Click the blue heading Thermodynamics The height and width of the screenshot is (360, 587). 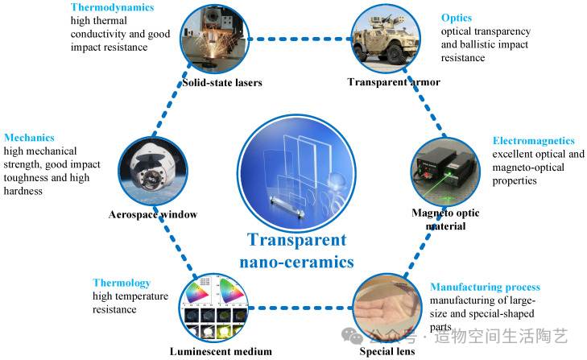(112, 7)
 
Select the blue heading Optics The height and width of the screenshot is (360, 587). (457, 18)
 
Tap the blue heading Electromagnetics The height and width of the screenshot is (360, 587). (534, 141)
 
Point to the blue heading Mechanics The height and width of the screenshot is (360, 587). (29, 138)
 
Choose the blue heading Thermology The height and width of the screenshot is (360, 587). (122, 283)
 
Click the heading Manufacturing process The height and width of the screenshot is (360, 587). (486, 288)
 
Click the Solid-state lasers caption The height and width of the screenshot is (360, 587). (222, 83)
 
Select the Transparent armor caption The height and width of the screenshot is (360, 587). (394, 82)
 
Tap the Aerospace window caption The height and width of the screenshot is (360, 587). (153, 215)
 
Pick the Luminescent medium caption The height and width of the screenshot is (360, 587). (221, 352)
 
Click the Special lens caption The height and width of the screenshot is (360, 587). (387, 351)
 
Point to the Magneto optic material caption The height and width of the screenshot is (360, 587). (445, 220)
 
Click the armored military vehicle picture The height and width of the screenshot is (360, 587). (386, 39)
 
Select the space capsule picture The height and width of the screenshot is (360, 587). (153, 172)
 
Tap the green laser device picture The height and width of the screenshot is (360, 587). (445, 172)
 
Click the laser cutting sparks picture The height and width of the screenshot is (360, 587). (214, 39)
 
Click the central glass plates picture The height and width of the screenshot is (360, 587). (296, 173)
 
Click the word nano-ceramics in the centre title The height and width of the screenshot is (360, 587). (296, 263)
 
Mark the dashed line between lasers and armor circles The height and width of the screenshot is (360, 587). (300, 39)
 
